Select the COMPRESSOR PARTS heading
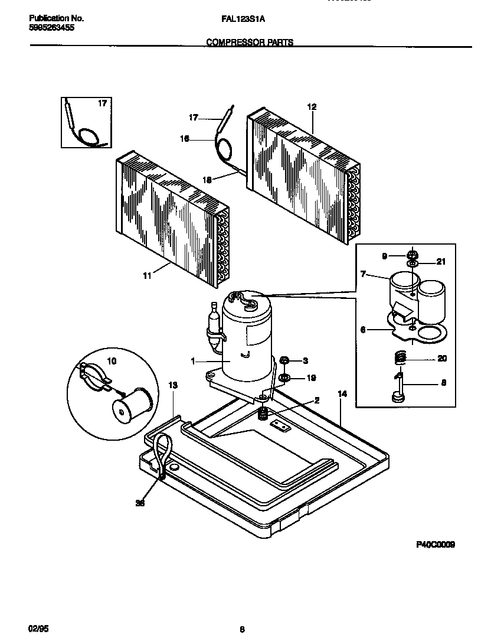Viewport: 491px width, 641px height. (250, 43)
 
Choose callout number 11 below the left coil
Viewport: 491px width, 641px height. (146, 275)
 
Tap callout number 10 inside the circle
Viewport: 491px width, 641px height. (112, 361)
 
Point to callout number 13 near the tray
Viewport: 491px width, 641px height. (173, 385)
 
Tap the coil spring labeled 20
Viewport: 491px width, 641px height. (400, 358)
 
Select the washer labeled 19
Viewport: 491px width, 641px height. (284, 377)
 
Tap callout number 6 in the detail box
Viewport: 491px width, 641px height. (364, 330)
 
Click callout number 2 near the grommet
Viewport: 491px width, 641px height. (316, 400)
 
